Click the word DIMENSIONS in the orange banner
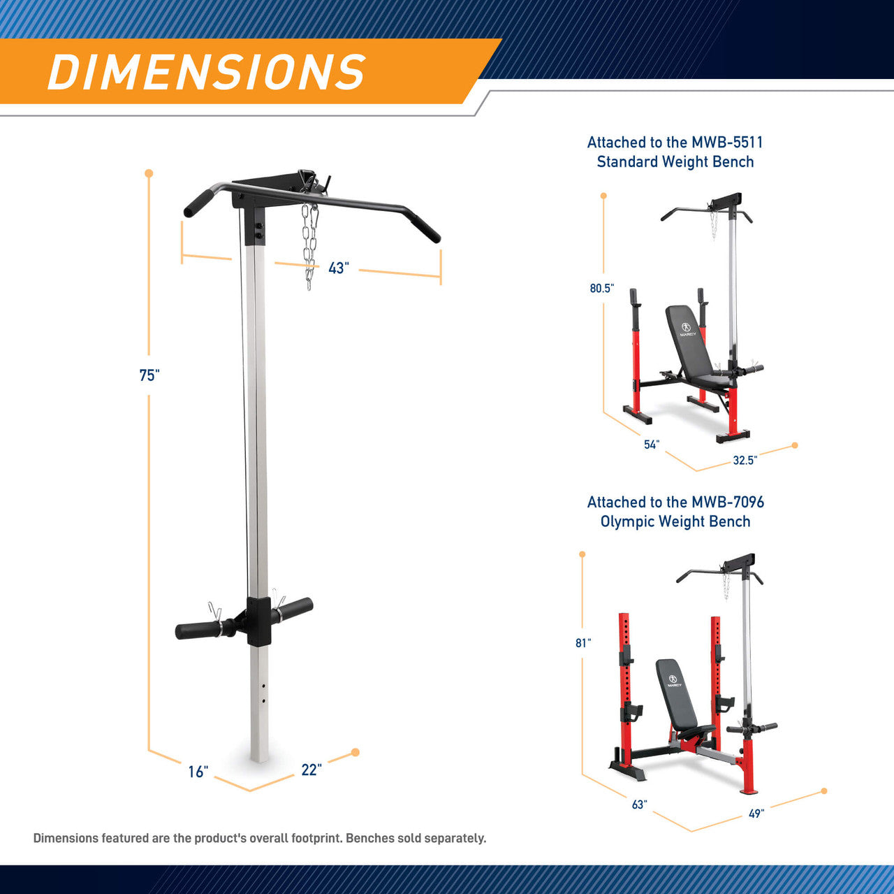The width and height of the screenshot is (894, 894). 207,71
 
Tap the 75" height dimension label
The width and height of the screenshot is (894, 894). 149,375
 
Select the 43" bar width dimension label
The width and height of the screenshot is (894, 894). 339,268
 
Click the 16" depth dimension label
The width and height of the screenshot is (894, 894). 198,772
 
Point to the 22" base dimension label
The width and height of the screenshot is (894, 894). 312,770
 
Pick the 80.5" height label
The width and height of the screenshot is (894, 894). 602,289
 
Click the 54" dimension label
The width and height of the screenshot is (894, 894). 652,445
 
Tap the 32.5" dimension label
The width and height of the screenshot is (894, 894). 745,460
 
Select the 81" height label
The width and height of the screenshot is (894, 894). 583,643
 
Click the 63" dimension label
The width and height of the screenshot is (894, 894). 639,805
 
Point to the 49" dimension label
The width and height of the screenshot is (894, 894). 756,814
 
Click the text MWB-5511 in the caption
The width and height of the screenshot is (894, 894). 726,142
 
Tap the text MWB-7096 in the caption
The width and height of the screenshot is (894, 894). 728,502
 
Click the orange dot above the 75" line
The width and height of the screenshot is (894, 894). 149,173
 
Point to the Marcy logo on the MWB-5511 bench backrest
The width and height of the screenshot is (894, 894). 686,329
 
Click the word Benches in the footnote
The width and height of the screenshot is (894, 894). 369,838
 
